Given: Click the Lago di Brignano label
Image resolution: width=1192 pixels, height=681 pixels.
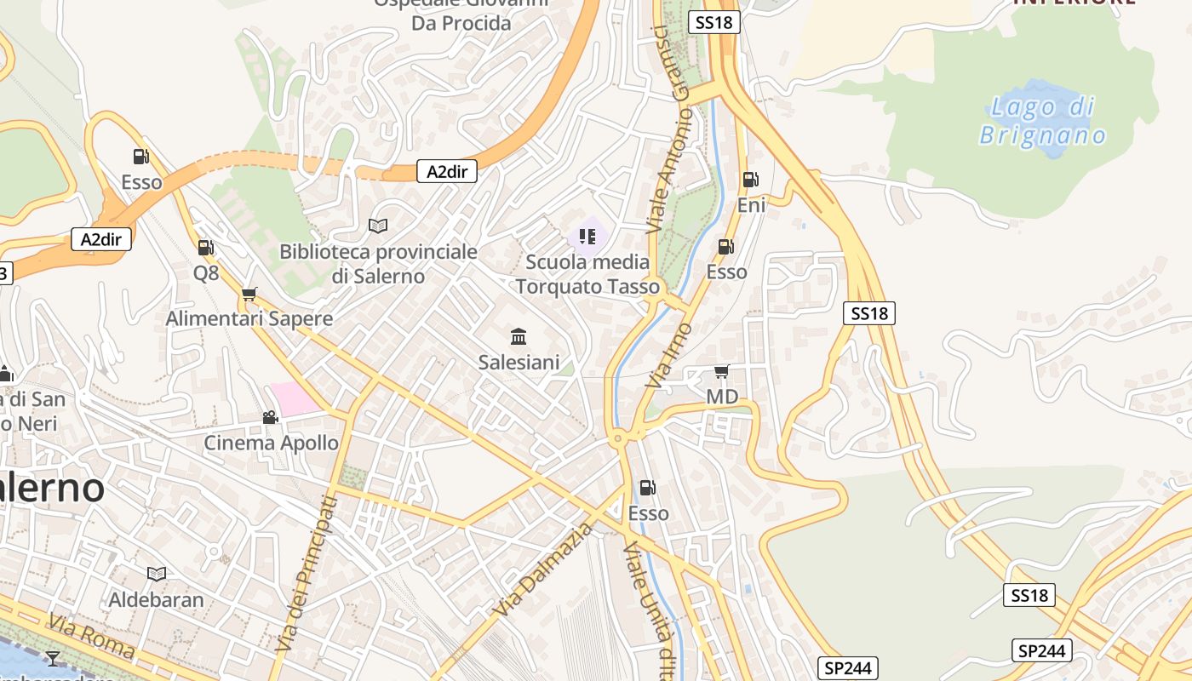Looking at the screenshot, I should coord(1042,121).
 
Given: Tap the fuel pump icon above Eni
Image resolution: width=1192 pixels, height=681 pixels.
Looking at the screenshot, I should coord(750,180).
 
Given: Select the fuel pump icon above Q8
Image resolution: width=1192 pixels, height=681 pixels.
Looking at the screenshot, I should coord(205,248).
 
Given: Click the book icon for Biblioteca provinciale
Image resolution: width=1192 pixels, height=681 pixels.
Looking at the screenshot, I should coord(378,226).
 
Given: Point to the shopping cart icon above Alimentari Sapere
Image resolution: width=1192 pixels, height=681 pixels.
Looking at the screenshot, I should coord(249,294).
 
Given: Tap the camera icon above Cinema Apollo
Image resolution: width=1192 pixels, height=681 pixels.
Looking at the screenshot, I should coord(270,417).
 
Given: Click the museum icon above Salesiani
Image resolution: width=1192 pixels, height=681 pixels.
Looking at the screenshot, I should coord(519,336).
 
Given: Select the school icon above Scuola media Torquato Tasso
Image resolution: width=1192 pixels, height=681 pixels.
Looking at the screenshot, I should coord(587,235).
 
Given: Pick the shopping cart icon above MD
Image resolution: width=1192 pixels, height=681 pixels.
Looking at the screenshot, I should coord(721,371).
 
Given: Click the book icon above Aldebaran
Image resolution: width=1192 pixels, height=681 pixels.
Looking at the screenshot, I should coord(156,574).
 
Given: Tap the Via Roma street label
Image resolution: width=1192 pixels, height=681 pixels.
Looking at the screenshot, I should coord(91,636).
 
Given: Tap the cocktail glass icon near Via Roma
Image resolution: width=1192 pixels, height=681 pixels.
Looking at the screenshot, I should coord(53,658).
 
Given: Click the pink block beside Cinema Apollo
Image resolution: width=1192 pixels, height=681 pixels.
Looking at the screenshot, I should coord(295,398).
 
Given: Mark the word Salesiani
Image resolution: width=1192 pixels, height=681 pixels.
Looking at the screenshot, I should coord(519,363).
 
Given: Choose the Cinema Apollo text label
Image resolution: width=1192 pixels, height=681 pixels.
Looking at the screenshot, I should coord(271,443).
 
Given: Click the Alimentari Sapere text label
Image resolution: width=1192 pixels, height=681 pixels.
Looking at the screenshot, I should coord(249,318).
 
